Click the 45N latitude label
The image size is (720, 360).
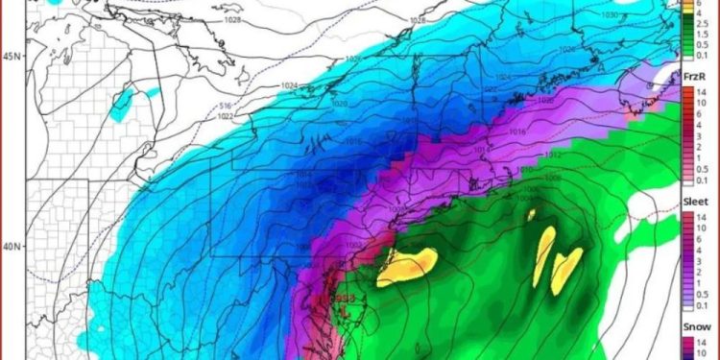tap(11, 57)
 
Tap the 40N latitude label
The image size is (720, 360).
tap(11, 247)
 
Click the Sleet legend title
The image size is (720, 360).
tap(696, 203)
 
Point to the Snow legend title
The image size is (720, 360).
tap(696, 328)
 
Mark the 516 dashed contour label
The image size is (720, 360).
tap(227, 106)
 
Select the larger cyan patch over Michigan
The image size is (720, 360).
tap(121, 100)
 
